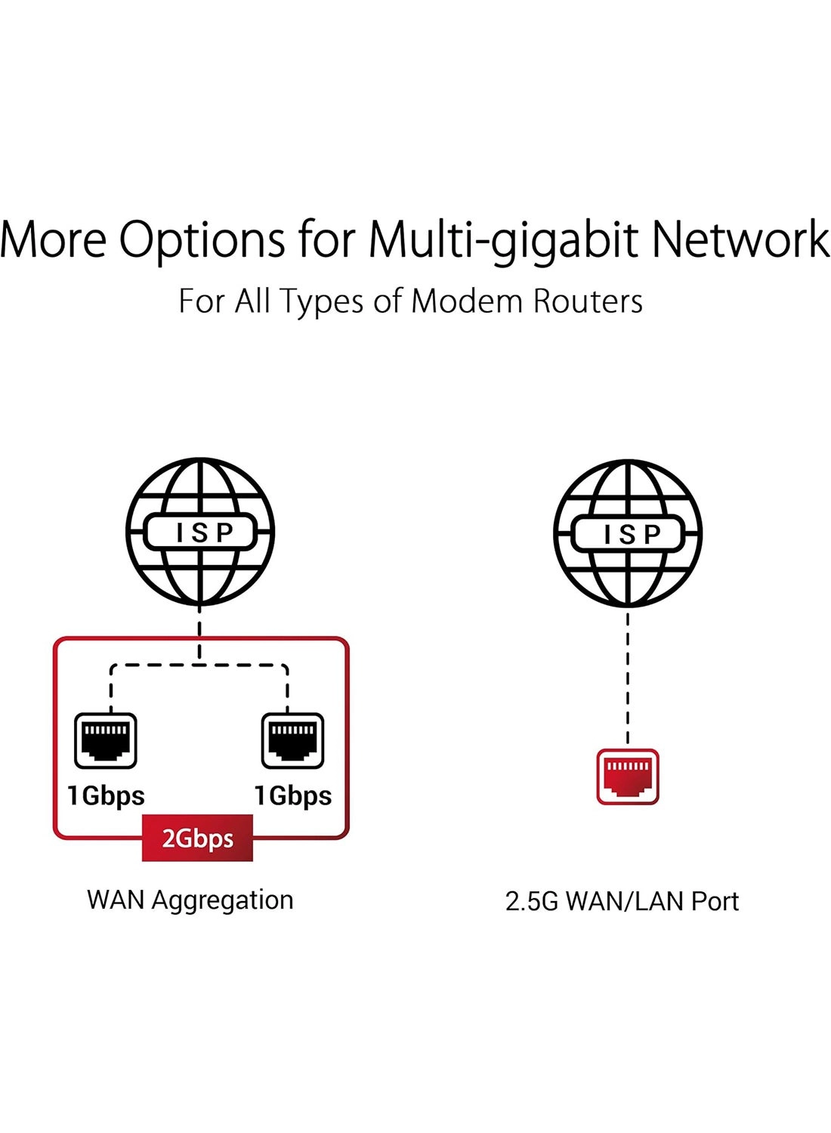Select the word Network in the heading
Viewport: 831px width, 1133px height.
[x=740, y=238]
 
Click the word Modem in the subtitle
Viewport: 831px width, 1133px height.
[x=467, y=301]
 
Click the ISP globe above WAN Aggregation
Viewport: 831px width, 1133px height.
[x=199, y=532]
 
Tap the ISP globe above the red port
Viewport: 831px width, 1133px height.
[x=628, y=533]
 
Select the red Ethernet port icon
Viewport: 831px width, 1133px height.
[x=628, y=776]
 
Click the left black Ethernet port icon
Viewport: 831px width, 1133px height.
[x=106, y=740]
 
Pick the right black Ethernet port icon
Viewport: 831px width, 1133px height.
[x=293, y=740]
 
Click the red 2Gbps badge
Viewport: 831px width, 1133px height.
[x=197, y=838]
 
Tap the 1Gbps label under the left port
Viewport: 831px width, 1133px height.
[x=106, y=797]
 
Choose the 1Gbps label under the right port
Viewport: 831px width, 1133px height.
[x=293, y=797]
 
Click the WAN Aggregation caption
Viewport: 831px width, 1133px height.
[x=190, y=901]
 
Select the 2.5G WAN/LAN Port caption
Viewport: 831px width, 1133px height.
[x=622, y=901]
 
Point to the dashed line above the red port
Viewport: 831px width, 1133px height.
[x=628, y=678]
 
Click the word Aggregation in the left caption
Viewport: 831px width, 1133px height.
[x=223, y=902]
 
